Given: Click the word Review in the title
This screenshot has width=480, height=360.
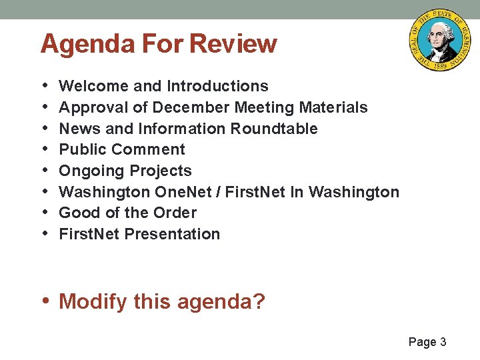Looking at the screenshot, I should (233, 44).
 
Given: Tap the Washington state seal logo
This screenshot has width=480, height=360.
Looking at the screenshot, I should (439, 41).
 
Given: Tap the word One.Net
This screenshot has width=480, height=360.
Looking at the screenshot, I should (185, 192).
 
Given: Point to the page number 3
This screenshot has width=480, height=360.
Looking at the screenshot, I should (443, 342).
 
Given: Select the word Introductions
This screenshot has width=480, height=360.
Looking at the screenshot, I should (217, 86).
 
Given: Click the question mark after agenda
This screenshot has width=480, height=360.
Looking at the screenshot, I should (259, 302).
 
